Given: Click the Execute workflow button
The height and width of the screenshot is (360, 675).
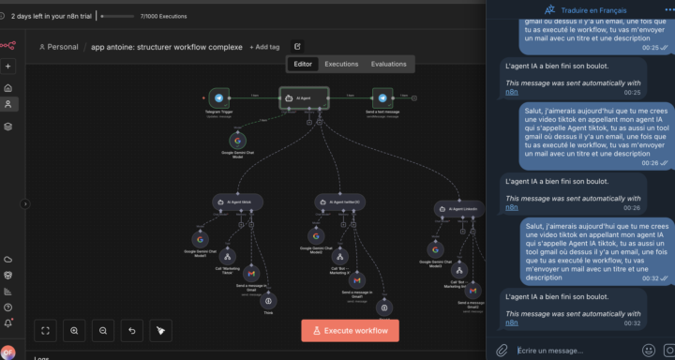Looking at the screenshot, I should pyautogui.click(x=350, y=330).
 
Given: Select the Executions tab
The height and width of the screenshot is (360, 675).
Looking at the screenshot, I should pyautogui.click(x=341, y=65).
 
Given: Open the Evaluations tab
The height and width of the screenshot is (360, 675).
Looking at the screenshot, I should pyautogui.click(x=388, y=65).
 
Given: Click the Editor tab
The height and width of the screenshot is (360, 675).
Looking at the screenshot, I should pyautogui.click(x=303, y=65).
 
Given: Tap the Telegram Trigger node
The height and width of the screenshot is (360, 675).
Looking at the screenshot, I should pyautogui.click(x=219, y=97).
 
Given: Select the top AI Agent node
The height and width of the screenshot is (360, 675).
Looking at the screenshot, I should pyautogui.click(x=305, y=97).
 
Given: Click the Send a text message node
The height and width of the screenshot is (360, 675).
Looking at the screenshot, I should pyautogui.click(x=382, y=97).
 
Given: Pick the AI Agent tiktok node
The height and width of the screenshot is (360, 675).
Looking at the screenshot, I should pyautogui.click(x=237, y=202).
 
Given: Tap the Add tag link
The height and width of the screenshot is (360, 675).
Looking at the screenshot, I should pyautogui.click(x=265, y=47).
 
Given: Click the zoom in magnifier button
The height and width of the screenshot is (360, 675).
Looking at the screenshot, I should pyautogui.click(x=75, y=330).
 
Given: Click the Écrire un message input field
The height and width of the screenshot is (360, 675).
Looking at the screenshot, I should pyautogui.click(x=572, y=350).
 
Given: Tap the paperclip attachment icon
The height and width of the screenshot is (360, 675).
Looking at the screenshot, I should pyautogui.click(x=502, y=350).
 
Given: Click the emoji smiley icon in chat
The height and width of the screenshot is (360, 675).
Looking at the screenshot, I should pyautogui.click(x=649, y=350).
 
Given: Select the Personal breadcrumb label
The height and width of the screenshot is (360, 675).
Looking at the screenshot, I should pyautogui.click(x=62, y=47).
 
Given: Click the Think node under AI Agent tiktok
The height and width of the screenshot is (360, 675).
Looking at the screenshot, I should pyautogui.click(x=269, y=300).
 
